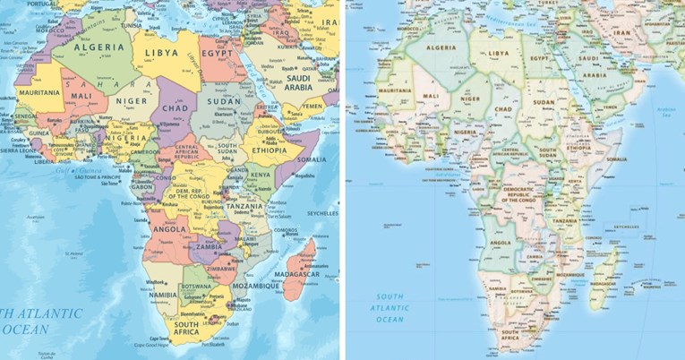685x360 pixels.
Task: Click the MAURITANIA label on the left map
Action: click(x=37, y=92)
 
